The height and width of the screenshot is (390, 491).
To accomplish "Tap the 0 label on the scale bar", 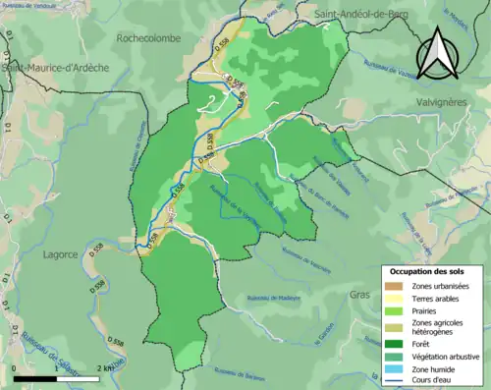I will tap(15, 367).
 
